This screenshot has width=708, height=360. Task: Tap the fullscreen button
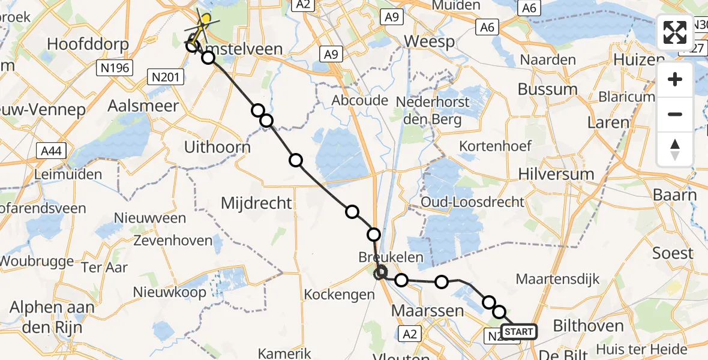pyautogui.click(x=675, y=32)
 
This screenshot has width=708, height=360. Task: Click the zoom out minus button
pyautogui.click(x=675, y=114)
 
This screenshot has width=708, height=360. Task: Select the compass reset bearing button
pyautogui.click(x=675, y=149)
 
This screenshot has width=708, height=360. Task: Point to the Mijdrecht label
pyautogui.click(x=256, y=203)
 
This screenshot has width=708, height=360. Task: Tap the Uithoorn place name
pyautogui.click(x=217, y=147)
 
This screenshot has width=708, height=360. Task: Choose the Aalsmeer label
pyautogui.click(x=143, y=106)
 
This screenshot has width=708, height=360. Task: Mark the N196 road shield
pyautogui.click(x=114, y=68)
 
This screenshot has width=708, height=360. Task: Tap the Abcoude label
pyautogui.click(x=360, y=100)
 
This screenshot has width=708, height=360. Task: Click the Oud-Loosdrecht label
pyautogui.click(x=473, y=202)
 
